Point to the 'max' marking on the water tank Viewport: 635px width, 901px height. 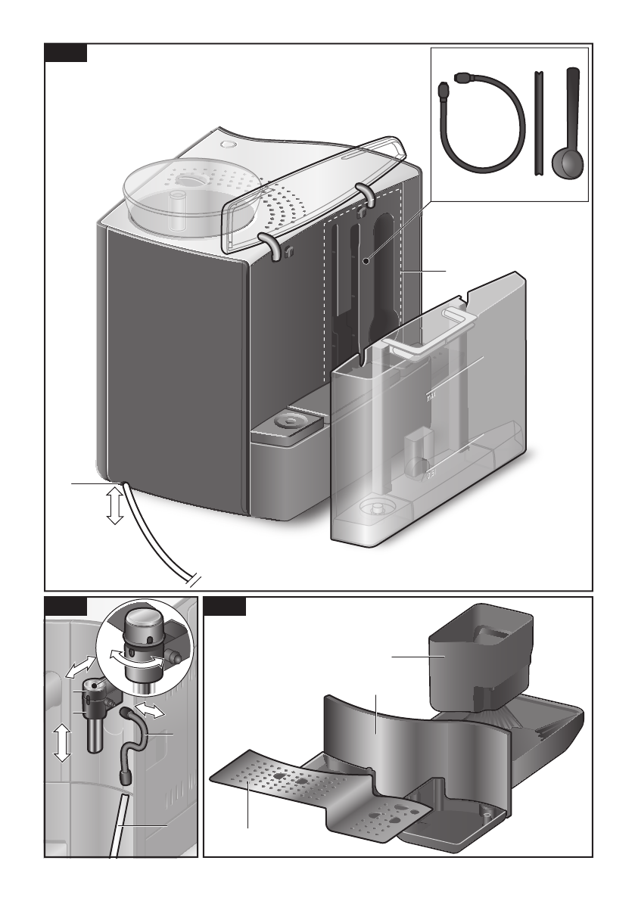click(432, 394)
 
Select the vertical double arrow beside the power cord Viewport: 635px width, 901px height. click(114, 505)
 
